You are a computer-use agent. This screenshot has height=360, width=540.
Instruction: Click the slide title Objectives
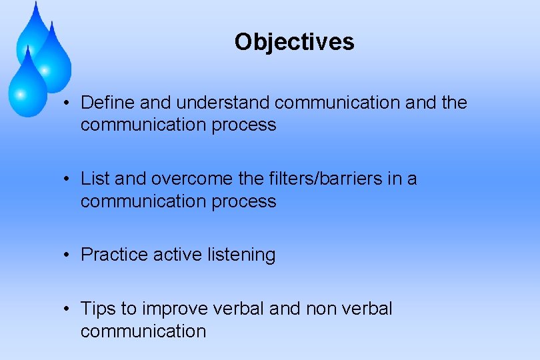pyautogui.click(x=294, y=42)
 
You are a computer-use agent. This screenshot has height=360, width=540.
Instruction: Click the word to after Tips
pyautogui.click(x=129, y=309)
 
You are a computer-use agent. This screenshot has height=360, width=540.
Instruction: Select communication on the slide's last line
pyautogui.click(x=143, y=331)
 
